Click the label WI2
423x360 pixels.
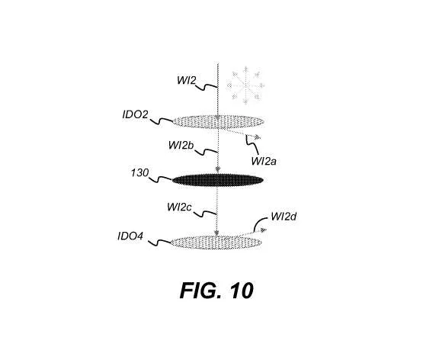click(186, 80)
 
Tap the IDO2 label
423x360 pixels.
click(135, 114)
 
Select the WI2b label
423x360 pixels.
click(181, 145)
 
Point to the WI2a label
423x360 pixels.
click(264, 161)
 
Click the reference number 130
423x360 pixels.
click(139, 172)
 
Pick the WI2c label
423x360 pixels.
click(179, 207)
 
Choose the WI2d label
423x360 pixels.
click(284, 217)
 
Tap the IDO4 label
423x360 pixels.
click(130, 236)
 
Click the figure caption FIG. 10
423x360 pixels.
click(216, 291)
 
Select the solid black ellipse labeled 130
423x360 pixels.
click(217, 180)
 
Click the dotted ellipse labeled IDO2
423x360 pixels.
click(218, 122)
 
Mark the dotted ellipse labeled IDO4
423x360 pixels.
click(216, 242)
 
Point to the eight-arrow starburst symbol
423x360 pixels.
click(245, 85)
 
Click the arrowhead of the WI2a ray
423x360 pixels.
click(258, 137)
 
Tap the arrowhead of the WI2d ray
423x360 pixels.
click(263, 230)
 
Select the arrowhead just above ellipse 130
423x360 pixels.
click(218, 169)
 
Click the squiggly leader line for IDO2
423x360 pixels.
click(161, 121)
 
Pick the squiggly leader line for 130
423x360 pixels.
click(161, 179)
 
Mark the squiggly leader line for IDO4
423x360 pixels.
click(160, 243)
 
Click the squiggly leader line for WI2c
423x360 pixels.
click(205, 214)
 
